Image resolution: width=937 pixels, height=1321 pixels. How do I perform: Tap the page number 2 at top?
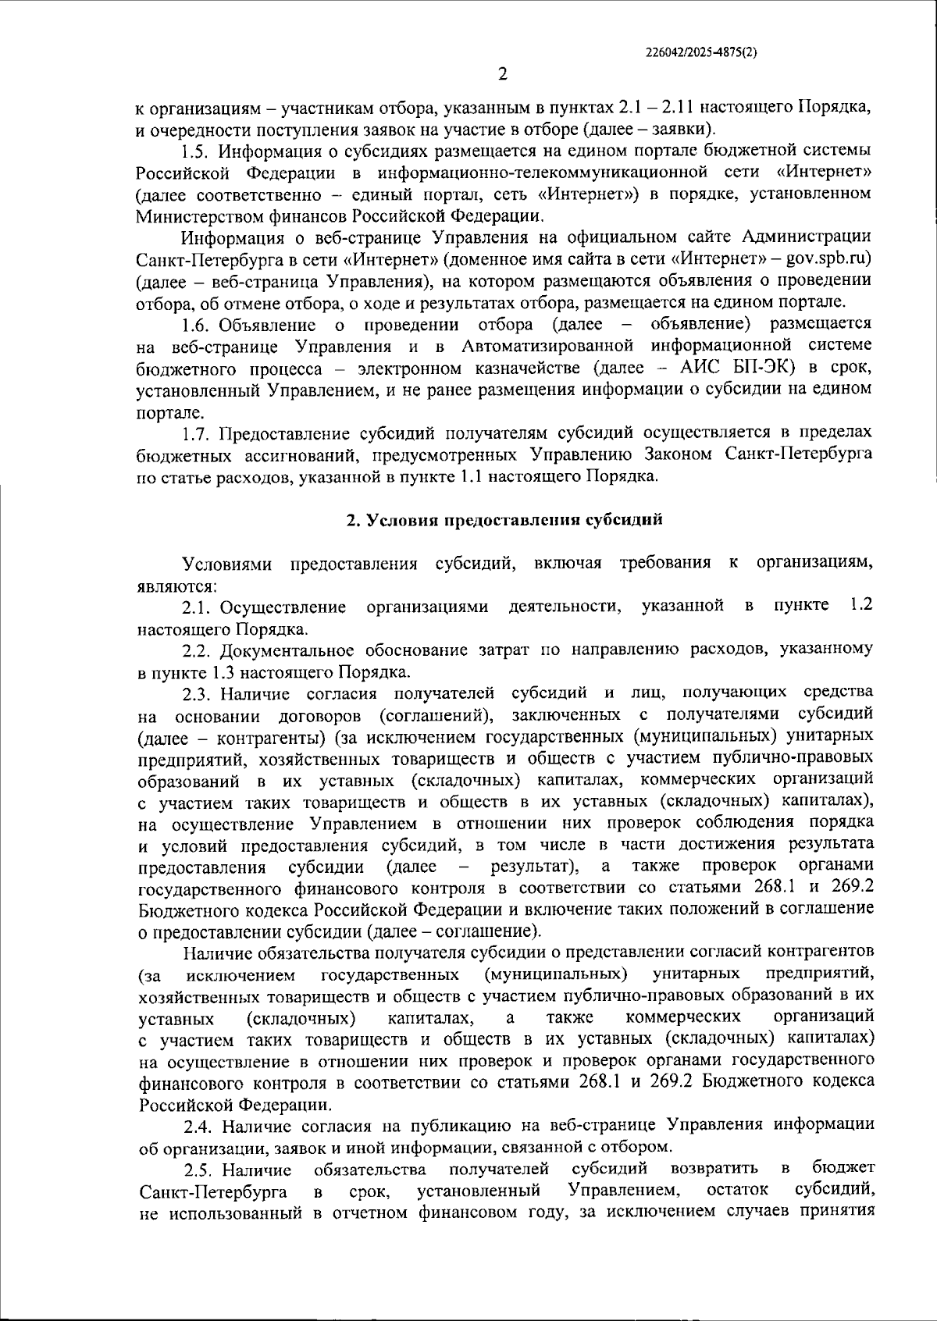click(502, 74)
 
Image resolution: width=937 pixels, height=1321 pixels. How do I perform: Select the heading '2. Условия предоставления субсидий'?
click(504, 520)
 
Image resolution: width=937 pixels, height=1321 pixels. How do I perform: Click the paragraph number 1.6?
click(197, 323)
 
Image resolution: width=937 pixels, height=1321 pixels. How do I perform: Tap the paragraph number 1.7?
click(197, 432)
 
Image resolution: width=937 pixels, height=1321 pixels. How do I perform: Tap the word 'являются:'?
click(176, 586)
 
